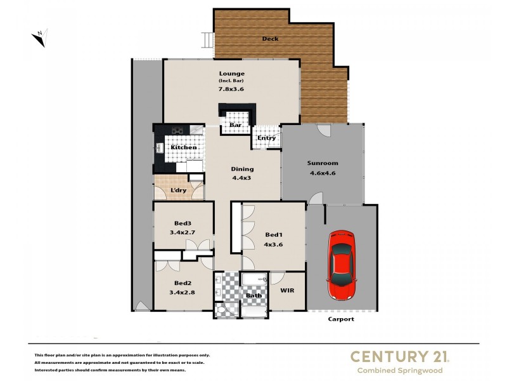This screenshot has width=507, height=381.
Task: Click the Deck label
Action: click(x=271, y=39)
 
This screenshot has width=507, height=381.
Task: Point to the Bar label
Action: click(x=235, y=125)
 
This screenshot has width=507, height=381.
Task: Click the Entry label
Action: click(x=266, y=138)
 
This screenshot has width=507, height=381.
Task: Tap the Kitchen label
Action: click(x=183, y=147)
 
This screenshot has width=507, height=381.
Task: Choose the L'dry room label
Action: click(x=177, y=190)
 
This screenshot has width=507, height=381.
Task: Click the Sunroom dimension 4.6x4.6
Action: click(x=322, y=173)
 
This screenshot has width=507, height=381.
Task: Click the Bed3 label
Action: click(x=183, y=223)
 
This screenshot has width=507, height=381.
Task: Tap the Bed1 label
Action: click(x=273, y=235)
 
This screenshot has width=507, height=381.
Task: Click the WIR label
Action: click(x=287, y=291)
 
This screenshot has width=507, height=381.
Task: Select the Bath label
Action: click(x=253, y=295)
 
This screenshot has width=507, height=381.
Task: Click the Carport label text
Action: click(x=341, y=319)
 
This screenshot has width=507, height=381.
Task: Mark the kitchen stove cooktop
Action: click(x=177, y=131)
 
